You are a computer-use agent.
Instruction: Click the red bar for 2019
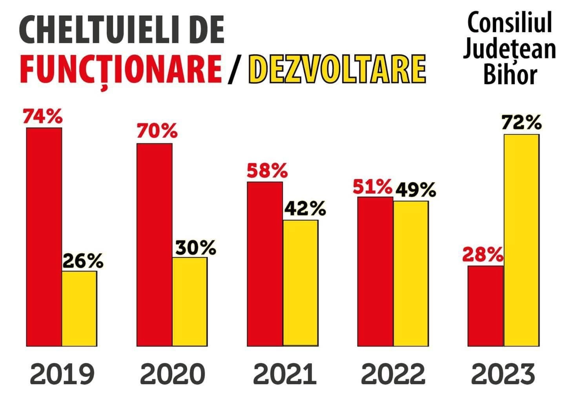coord(44,237)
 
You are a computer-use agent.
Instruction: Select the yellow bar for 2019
coord(79,308)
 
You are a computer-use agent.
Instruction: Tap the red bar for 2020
coord(154,245)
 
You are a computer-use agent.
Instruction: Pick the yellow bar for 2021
coord(301,283)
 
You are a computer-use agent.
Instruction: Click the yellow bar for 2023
coord(521,240)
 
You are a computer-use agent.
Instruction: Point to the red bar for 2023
coord(486,306)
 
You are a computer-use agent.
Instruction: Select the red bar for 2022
coord(375,271)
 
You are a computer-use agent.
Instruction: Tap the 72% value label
coord(521,123)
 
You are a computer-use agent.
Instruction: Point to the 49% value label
coord(416,190)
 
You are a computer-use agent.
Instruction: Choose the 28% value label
coord(482,255)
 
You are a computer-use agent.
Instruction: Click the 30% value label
coord(195,248)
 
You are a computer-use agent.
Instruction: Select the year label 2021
coord(285,374)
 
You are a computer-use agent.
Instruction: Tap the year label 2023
coord(503,374)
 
